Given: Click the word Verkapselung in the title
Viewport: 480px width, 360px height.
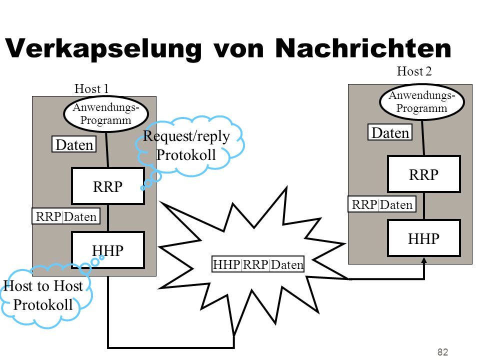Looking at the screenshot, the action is point(103,48).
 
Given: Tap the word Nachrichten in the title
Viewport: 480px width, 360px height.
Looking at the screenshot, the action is point(363,48).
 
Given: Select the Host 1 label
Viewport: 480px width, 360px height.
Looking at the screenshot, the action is point(91,89).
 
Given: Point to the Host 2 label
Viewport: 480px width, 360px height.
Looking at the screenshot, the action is point(414,71).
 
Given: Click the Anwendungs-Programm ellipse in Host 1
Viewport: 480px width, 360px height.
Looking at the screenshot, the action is point(106,114).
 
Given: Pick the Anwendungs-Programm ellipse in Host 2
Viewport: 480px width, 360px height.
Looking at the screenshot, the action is point(422,102).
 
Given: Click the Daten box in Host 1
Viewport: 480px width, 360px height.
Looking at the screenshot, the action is point(74,144).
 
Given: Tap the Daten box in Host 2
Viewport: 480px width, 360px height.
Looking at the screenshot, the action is point(390,132).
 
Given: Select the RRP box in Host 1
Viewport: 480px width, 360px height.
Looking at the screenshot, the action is point(108,186).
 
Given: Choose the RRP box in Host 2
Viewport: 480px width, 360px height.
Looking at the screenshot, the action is point(424,174).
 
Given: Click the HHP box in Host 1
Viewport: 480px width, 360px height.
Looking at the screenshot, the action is point(108,250).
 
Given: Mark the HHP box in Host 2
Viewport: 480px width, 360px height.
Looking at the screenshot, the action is point(424,238).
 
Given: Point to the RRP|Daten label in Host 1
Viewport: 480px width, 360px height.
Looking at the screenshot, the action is point(66,216).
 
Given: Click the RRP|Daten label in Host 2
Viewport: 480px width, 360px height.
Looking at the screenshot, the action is point(382,204).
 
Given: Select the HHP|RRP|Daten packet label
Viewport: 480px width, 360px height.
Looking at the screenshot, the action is point(258,264).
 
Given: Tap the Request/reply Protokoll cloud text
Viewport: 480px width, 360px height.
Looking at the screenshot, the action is point(186,145).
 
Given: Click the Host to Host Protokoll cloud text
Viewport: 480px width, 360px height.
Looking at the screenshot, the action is point(43,295).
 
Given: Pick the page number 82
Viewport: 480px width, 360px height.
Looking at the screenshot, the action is point(442,352).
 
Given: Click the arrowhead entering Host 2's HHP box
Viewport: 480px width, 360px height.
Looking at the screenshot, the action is point(424,260).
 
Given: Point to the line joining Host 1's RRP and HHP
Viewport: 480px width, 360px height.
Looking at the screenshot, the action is point(108,218).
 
